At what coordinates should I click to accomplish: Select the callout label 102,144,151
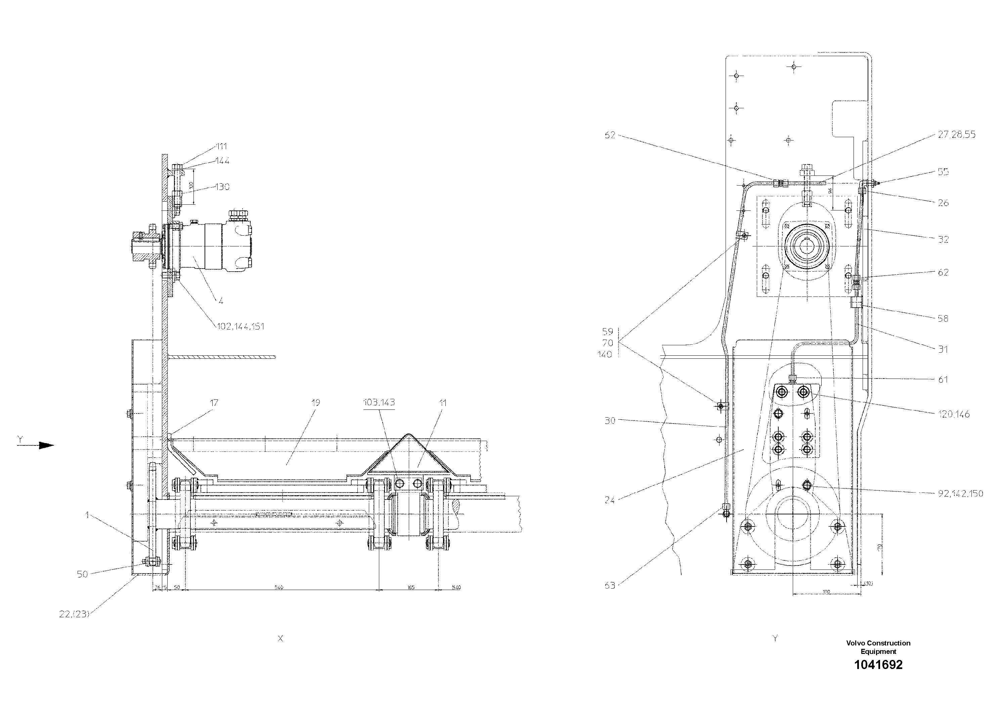[241, 326]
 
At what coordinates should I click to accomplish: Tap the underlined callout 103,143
[379, 403]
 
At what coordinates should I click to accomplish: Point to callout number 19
[316, 403]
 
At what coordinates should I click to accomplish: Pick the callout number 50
[83, 575]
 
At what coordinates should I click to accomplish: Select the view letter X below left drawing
[280, 638]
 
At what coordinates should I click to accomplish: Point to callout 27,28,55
[956, 135]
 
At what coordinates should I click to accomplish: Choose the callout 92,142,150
[960, 494]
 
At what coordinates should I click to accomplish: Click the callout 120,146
[954, 414]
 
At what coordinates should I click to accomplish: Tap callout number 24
[609, 500]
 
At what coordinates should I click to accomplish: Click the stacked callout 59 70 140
[608, 343]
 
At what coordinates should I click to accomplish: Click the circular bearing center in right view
[806, 247]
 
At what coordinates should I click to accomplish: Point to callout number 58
[943, 319]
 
